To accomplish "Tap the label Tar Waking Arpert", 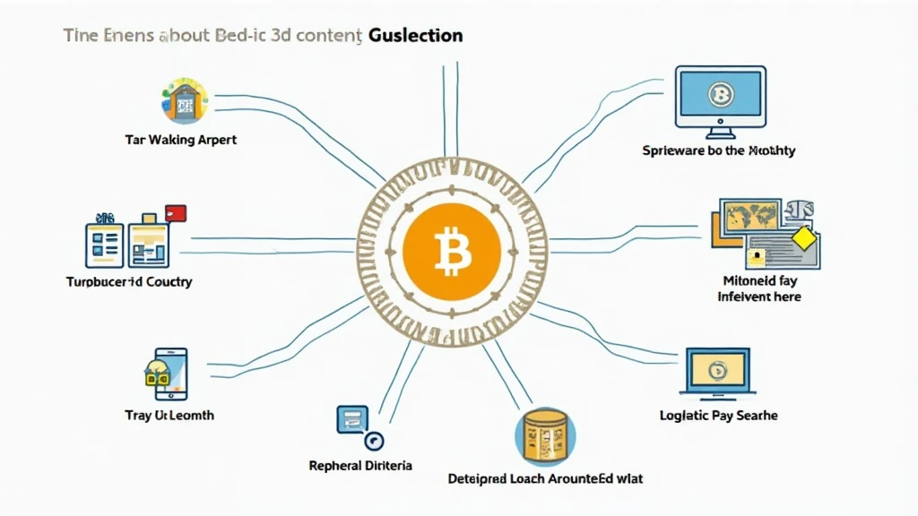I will click(181, 140).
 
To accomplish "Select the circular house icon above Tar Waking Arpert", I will click(183, 99).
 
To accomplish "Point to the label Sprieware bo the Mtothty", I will click(718, 150).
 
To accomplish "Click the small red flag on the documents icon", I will click(176, 213).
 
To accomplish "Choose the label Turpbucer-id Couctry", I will click(129, 281).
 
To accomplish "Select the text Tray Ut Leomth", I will click(169, 416).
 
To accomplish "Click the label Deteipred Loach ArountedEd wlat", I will click(545, 478).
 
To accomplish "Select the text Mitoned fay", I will click(759, 280).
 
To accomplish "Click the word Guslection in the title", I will click(416, 37).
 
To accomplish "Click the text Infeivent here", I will click(759, 297).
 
